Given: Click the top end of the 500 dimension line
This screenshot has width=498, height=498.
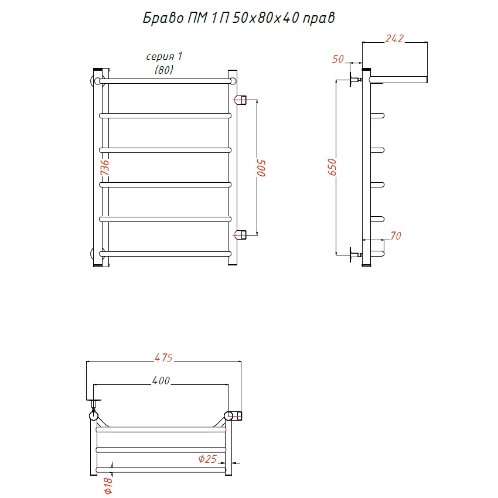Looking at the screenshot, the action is pos(257,100).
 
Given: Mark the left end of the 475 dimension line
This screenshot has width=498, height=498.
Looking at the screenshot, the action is pos(86,361).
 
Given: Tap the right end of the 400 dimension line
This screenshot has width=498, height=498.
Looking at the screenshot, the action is pos(228,384).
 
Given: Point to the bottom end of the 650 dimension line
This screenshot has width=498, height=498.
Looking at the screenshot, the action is pos(336,254).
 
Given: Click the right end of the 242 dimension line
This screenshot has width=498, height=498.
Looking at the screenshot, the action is pos(427,42).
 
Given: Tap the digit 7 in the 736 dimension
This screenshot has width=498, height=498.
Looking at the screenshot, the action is pos(104,172).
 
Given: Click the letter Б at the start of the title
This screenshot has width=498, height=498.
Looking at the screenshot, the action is pos(146,18).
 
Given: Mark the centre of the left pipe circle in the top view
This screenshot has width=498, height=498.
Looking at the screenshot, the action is pos(93,416).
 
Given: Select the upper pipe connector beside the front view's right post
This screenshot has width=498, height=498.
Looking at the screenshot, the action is pos(240,100).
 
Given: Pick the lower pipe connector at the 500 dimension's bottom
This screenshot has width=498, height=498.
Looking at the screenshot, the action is pos(240,235).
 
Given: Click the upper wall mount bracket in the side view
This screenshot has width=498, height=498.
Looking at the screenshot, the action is pos(356,80).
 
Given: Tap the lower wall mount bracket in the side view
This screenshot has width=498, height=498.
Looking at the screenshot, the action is pos(356,255).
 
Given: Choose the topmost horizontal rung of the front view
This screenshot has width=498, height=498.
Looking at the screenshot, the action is pos(165,81).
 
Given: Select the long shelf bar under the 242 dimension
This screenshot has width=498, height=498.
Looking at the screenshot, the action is pos(398,80).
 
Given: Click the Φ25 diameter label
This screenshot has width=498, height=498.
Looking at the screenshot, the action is pos(207,459).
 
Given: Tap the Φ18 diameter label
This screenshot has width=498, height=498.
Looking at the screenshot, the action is pos(108,486).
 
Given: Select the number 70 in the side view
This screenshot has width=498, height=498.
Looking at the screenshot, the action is pos(395,236).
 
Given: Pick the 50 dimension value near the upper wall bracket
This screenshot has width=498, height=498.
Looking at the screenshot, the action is pos(338,59).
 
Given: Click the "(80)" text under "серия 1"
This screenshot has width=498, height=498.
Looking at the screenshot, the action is pos(164,70).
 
